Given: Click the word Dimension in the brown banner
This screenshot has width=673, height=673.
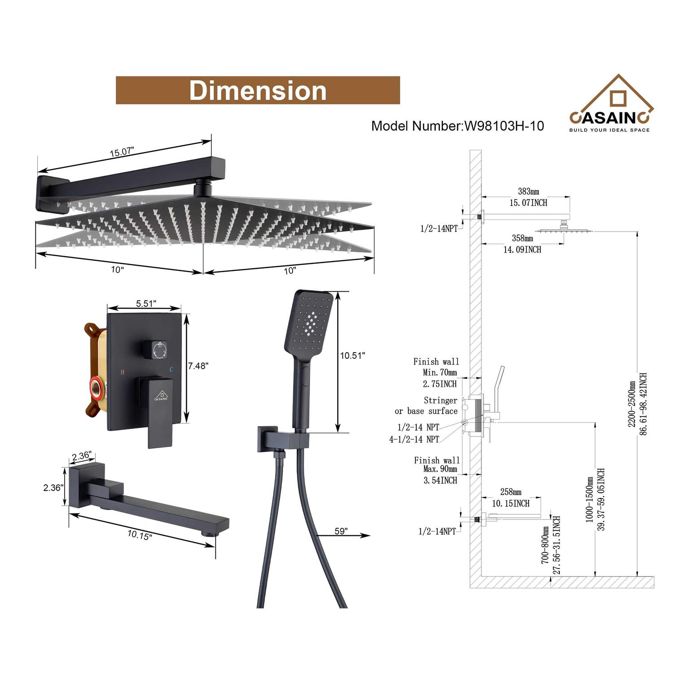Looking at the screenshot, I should click(258, 91).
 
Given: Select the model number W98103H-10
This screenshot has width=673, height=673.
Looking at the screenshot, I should click(458, 126).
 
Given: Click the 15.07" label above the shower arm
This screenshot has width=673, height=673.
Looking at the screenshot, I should click(122, 152).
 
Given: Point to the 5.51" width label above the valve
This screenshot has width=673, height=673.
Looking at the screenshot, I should click(146, 304).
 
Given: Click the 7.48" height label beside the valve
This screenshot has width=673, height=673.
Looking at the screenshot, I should click(198, 366).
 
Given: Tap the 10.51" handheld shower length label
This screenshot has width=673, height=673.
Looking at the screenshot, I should click(352, 356).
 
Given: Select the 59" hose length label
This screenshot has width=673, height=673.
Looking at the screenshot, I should click(341, 531).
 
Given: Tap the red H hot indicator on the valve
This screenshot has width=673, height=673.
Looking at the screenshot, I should click(122, 372).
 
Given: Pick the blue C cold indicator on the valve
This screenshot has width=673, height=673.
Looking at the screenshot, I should click(170, 370).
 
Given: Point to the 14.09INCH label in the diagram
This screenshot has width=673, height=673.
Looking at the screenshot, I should click(522, 249).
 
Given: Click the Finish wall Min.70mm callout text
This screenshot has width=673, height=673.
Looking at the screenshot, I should click(437, 367).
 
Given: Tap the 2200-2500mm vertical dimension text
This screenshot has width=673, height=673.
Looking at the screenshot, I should click(632, 404).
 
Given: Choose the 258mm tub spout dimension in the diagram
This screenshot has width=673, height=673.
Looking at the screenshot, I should click(511, 492).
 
